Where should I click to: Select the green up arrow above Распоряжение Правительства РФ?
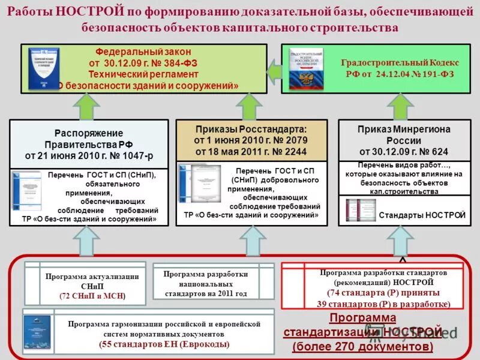86,107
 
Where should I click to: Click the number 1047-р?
137,155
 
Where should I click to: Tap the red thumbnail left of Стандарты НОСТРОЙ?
361,211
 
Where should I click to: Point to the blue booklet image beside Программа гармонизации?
37,333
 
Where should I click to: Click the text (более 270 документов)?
362,347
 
